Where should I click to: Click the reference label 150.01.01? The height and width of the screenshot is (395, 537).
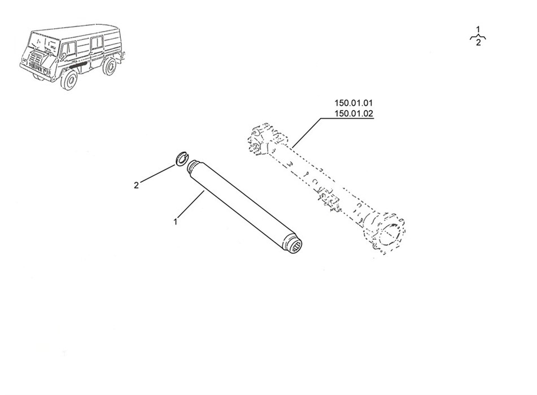pyautogui.click(x=353, y=103)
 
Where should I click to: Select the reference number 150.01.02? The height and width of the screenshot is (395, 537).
pyautogui.click(x=353, y=113)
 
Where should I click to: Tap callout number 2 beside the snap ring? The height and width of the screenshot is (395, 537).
pyautogui.click(x=136, y=186)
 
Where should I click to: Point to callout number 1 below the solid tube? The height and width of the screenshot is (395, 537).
pyautogui.click(x=176, y=222)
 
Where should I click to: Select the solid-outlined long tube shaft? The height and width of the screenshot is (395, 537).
pyautogui.click(x=246, y=207)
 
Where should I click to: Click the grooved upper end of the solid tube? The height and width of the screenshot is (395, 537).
pyautogui.click(x=194, y=166)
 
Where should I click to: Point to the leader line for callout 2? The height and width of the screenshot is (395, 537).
pyautogui.click(x=158, y=174)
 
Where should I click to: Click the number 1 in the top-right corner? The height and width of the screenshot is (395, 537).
pyautogui.click(x=478, y=29)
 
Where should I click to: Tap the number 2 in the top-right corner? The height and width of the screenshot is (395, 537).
pyautogui.click(x=478, y=42)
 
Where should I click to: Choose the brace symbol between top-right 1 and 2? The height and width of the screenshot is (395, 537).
pyautogui.click(x=478, y=36)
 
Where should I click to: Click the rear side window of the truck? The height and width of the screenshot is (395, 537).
pyautogui.click(x=96, y=42)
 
